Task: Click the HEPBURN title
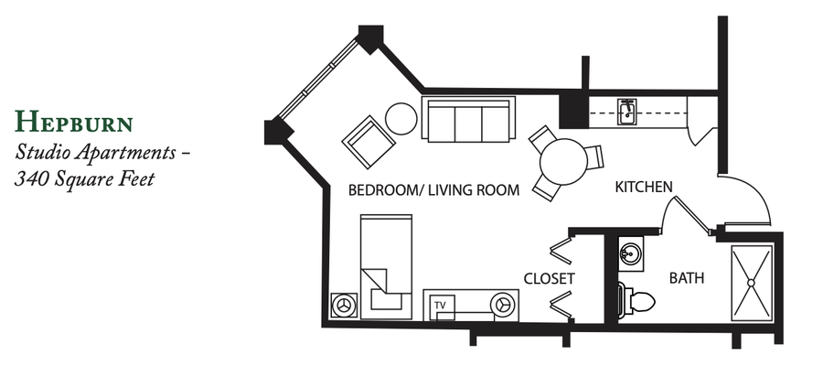pos(73,122)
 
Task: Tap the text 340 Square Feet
pos(84,179)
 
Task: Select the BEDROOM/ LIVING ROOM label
pos(434,190)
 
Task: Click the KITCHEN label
pos(644,187)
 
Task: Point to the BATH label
pos(687,278)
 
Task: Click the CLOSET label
pos(550,278)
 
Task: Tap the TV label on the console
pos(440,305)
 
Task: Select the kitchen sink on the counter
pos(626,112)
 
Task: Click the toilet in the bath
pos(636,301)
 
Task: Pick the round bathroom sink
pos(631,254)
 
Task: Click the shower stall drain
pos(751,283)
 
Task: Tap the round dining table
pos(563,162)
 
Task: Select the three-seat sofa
pos(468,119)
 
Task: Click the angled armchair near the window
pos(369,142)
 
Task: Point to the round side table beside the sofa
pos(401,119)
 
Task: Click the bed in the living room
pos(386,266)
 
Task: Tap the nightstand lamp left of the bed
pos(345,305)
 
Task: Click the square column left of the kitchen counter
pos(573,109)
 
